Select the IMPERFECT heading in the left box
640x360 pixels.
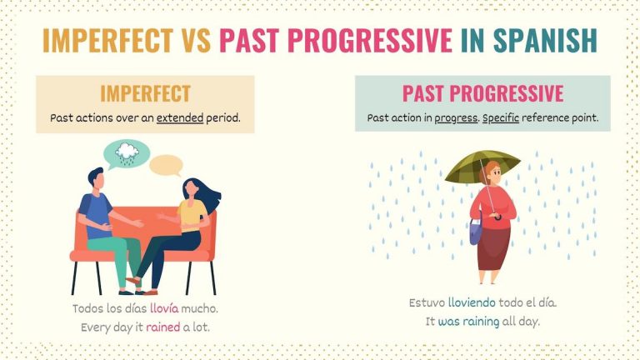[x=145, y=93]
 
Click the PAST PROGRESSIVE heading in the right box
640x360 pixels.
[x=482, y=93]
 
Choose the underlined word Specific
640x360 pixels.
[x=501, y=117]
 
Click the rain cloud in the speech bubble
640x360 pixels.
[x=127, y=152]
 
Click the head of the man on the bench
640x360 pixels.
[x=97, y=178]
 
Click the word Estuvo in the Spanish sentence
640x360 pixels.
[x=427, y=302]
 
